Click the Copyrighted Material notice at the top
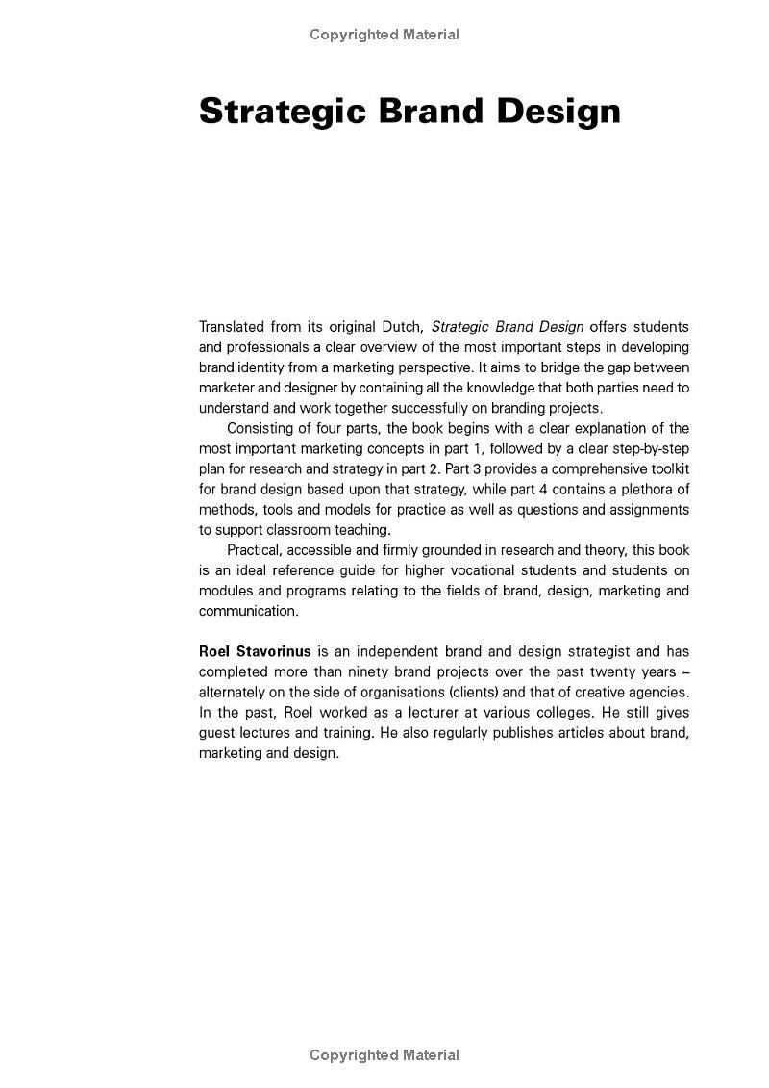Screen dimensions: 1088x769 (384, 35)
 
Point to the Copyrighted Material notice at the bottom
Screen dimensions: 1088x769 (384, 1055)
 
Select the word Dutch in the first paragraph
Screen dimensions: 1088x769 (401, 327)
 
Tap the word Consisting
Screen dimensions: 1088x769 (262, 428)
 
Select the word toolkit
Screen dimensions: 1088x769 (667, 468)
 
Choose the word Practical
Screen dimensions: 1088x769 (258, 550)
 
